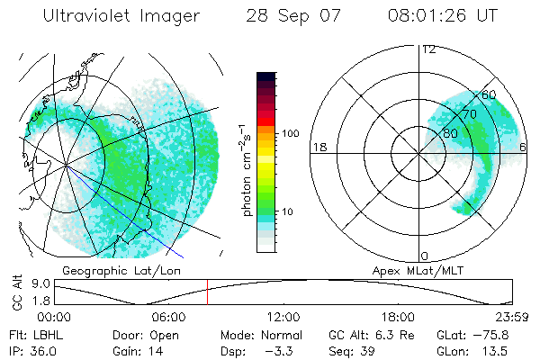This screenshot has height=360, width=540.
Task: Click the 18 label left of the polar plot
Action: tap(318, 147)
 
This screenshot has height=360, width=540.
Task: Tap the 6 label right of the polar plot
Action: tap(523, 147)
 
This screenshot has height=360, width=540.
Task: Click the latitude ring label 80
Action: tap(450, 133)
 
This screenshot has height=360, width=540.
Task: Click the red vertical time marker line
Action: tap(207, 292)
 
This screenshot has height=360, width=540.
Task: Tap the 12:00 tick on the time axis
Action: tap(283, 317)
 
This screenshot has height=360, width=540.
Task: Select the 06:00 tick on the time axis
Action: tap(169, 317)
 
